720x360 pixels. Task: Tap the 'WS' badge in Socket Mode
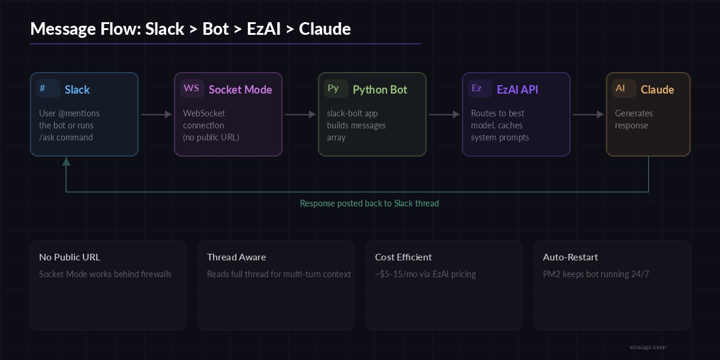[x=192, y=89]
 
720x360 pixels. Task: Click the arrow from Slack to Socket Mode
[x=156, y=114]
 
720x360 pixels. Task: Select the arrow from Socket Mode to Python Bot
[x=300, y=114]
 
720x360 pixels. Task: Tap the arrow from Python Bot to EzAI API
[x=444, y=114]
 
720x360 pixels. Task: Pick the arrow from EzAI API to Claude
[x=588, y=114]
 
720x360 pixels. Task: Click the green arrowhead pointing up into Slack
[x=66, y=161]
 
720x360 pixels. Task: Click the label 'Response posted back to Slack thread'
[x=369, y=203]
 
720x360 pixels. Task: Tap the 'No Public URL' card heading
[x=70, y=257]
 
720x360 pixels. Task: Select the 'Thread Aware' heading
[x=236, y=257]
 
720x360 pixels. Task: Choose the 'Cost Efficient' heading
[x=403, y=257]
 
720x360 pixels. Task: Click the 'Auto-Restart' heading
[x=570, y=257]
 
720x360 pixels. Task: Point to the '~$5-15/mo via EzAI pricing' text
[x=425, y=274]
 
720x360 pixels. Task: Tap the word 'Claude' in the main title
[x=325, y=29]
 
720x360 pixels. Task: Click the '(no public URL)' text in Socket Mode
[x=211, y=137]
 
